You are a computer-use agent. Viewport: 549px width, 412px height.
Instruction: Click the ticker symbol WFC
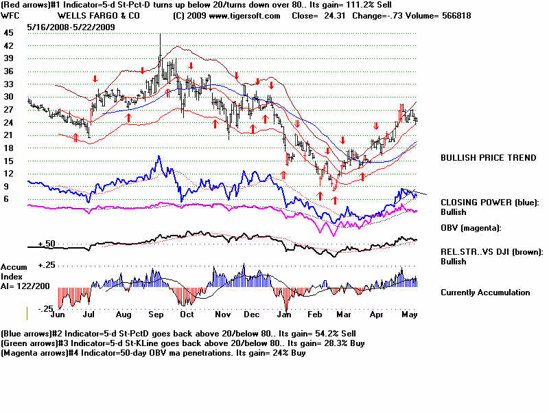[10, 15]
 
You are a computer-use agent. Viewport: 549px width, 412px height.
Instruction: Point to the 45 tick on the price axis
[8, 32]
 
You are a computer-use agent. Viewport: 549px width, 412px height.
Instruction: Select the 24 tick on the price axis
[8, 122]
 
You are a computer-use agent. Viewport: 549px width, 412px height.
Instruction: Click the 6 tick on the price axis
[6, 199]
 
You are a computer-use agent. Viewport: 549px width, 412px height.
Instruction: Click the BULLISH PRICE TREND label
[488, 158]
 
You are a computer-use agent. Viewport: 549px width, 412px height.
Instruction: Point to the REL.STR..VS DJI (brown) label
[491, 252]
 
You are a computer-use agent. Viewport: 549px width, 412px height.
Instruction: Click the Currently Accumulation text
[484, 293]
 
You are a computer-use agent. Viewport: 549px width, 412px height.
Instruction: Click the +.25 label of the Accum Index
[46, 265]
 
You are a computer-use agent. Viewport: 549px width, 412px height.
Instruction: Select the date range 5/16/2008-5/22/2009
[71, 27]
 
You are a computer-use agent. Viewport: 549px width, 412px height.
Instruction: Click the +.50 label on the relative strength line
[46, 244]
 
